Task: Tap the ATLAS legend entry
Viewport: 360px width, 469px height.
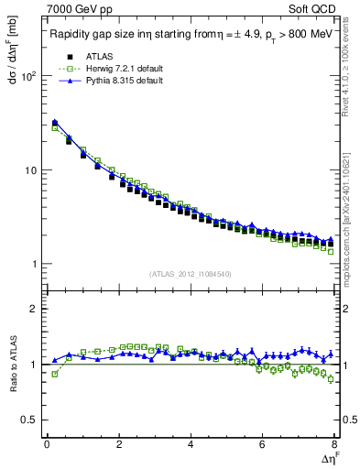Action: click(94, 56)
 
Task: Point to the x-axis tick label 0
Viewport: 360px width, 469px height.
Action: click(47, 444)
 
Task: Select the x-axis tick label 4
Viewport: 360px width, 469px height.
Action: click(191, 444)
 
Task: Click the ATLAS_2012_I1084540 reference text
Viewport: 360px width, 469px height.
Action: click(191, 274)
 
